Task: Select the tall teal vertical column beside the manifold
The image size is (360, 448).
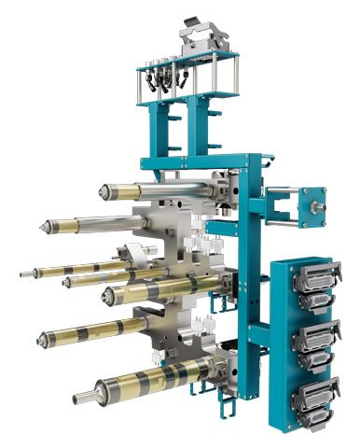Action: point(249,280)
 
